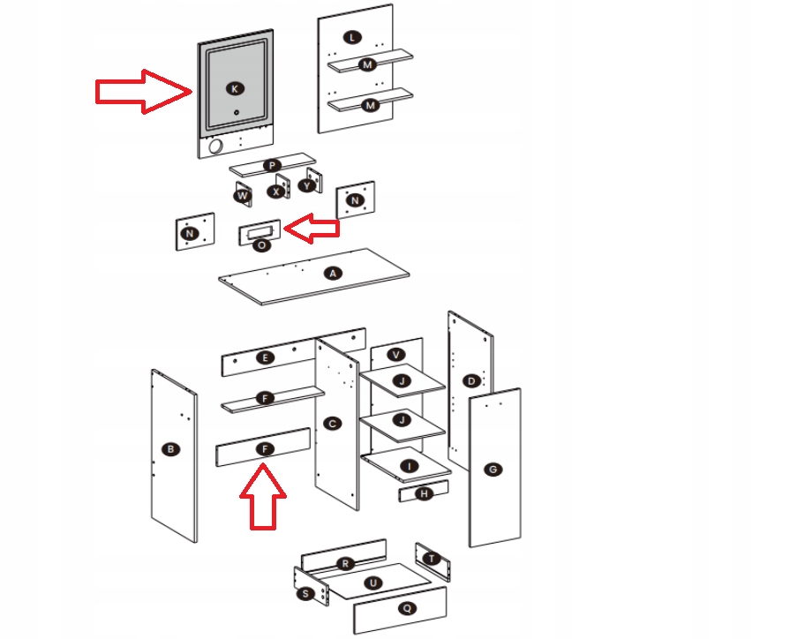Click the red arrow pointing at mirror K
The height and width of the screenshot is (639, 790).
[144, 91]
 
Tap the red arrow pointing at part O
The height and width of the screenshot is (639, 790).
[312, 229]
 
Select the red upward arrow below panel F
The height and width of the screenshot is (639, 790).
[263, 496]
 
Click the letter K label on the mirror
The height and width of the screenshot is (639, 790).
[235, 88]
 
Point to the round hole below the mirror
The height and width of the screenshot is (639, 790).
[215, 147]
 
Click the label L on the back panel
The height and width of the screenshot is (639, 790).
[352, 37]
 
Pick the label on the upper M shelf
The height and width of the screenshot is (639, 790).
[367, 64]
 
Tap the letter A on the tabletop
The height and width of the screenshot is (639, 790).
[333, 274]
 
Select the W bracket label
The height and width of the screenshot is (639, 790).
[243, 196]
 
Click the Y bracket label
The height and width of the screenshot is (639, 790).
[307, 186]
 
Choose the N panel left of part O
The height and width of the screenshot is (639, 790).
[195, 231]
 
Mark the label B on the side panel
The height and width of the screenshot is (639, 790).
[170, 449]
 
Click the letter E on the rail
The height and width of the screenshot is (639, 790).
[265, 357]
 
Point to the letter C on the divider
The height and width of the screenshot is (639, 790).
[332, 424]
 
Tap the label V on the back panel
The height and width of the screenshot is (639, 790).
[396, 355]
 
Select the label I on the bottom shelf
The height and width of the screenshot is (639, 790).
[409, 466]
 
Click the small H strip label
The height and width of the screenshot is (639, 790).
[424, 494]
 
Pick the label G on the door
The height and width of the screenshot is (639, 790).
[493, 470]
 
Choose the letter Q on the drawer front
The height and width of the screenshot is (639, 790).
[407, 608]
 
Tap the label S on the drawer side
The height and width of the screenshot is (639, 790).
[305, 594]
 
